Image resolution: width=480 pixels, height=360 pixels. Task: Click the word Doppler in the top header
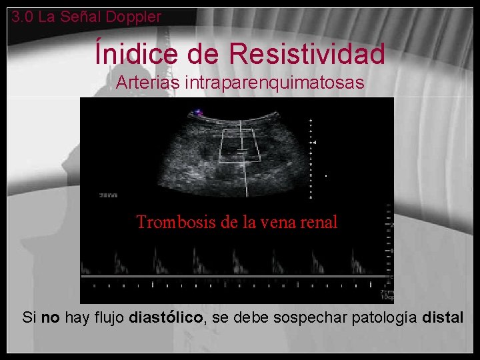click(x=136, y=17)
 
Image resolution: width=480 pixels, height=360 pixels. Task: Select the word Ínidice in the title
click(x=139, y=53)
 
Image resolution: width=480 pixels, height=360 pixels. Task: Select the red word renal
click(x=318, y=222)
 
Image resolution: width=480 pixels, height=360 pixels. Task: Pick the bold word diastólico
click(x=167, y=317)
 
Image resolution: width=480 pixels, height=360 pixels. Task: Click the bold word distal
click(x=443, y=317)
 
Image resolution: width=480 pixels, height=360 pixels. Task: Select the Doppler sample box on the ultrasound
click(x=239, y=145)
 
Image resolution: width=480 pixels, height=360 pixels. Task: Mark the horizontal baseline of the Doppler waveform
click(x=233, y=275)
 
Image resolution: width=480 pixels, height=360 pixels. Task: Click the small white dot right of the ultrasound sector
click(x=325, y=176)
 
